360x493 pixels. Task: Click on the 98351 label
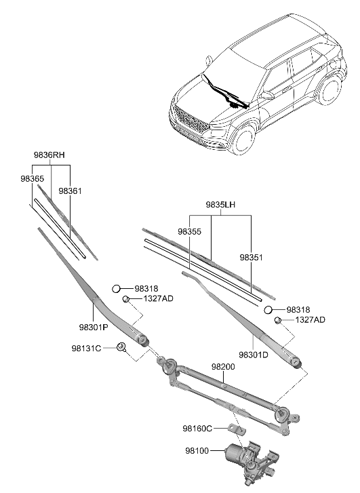tap(252, 258)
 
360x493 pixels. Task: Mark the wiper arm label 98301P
tap(95, 327)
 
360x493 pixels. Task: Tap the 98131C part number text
tap(87, 348)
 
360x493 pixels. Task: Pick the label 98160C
tap(197, 428)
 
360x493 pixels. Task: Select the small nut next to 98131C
tap(121, 348)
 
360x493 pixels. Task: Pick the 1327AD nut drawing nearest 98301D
tap(277, 320)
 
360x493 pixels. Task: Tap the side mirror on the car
tap(266, 96)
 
